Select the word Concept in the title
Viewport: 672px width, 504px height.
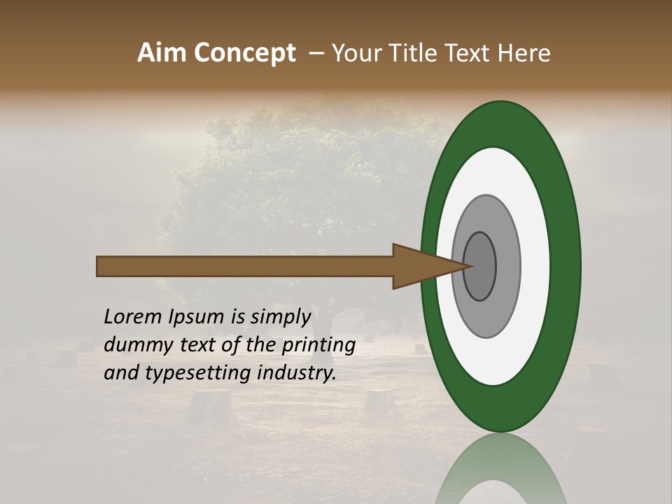point(244,53)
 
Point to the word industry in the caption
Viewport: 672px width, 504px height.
point(297,373)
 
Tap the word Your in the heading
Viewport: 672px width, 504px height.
point(356,53)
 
